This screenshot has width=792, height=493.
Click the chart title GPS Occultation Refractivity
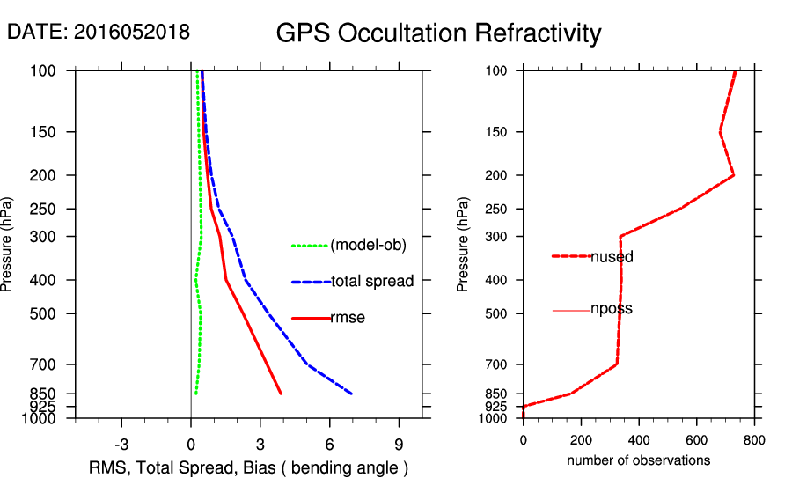coord(438,33)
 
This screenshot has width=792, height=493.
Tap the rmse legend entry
coord(348,318)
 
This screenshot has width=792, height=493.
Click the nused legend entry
coord(612,257)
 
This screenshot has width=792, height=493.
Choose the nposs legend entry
coord(612,309)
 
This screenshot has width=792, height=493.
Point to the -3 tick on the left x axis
coord(121,445)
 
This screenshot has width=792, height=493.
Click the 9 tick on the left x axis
coord(399,445)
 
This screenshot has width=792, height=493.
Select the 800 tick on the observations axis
coord(754,440)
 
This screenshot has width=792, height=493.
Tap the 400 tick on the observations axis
coord(638,440)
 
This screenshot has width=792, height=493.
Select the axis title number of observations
coord(638,460)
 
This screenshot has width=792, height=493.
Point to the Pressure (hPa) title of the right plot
coord(464,245)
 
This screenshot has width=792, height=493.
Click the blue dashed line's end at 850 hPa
coord(352,394)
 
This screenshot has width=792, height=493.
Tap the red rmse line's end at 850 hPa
coord(281,394)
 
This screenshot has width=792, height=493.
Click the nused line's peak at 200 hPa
coord(733,176)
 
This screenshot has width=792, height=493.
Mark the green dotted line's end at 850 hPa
coord(195,394)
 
